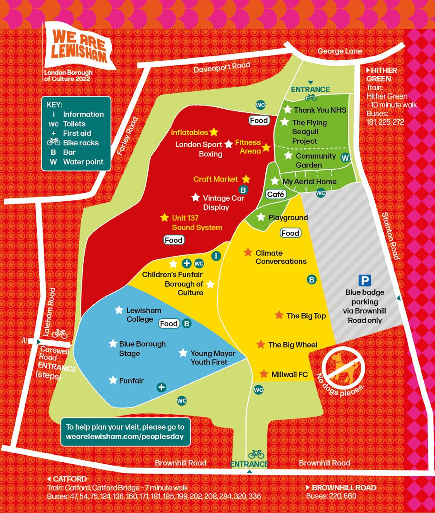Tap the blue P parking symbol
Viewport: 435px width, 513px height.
coord(364,280)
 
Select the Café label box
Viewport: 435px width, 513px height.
coord(276,195)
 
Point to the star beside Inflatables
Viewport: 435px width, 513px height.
coord(214,132)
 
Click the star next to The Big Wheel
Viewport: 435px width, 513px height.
coord(261,345)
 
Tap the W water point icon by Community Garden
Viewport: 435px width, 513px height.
coord(344,158)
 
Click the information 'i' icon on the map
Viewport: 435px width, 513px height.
coord(216,256)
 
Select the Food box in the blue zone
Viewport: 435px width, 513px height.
coord(169,324)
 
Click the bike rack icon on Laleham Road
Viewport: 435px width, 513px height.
coord(60,333)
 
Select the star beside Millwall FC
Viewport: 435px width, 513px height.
coord(264,374)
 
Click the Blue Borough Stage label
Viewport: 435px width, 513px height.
coord(142,348)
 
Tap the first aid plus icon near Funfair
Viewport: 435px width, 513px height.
coord(161,387)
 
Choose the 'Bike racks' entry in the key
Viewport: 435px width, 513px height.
coord(81,143)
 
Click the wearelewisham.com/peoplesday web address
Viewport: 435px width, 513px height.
coord(124,436)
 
